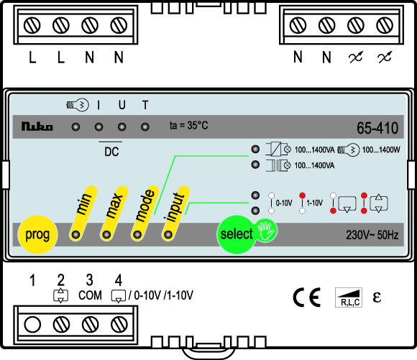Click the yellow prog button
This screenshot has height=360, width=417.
point(37,234)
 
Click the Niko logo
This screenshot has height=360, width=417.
point(37,126)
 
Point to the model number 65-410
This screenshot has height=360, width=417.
point(377,128)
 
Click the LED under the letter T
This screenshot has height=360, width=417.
point(145,126)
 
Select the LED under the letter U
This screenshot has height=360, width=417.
point(122,126)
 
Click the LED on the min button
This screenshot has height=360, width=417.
point(75,235)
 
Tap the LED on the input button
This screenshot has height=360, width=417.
point(168,235)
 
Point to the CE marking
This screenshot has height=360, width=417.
point(306,297)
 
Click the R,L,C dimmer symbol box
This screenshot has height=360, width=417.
point(349,297)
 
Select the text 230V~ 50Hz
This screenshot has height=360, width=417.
point(372,235)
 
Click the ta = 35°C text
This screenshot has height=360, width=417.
point(189,126)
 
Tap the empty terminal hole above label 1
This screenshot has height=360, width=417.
point(32,325)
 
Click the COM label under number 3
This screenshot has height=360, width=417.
point(90,295)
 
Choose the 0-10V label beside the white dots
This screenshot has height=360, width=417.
point(284,203)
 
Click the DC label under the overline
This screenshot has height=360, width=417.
point(111,152)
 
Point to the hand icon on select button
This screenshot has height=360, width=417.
point(266,231)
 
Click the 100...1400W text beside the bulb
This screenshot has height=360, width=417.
point(381,149)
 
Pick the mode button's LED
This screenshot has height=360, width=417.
point(137,235)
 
